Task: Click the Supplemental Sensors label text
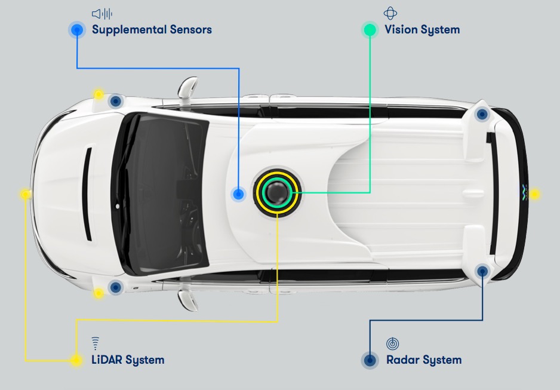[x=152, y=29]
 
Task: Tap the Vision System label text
[x=421, y=29]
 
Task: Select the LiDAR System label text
[x=128, y=360]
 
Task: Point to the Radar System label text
[x=423, y=360]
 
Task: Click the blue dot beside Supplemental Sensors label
[x=77, y=29]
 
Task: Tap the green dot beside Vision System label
[x=370, y=29]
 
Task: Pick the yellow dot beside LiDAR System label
[x=76, y=360]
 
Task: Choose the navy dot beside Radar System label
[x=370, y=360]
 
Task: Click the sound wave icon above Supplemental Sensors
[x=101, y=13]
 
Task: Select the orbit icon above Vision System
[x=390, y=13]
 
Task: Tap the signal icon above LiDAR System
[x=95, y=343]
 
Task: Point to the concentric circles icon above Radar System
[x=392, y=343]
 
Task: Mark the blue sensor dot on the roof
[x=239, y=194]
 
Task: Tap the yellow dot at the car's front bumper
[x=25, y=194]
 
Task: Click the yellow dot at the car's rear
[x=534, y=194]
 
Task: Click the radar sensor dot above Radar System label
[x=482, y=272]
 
